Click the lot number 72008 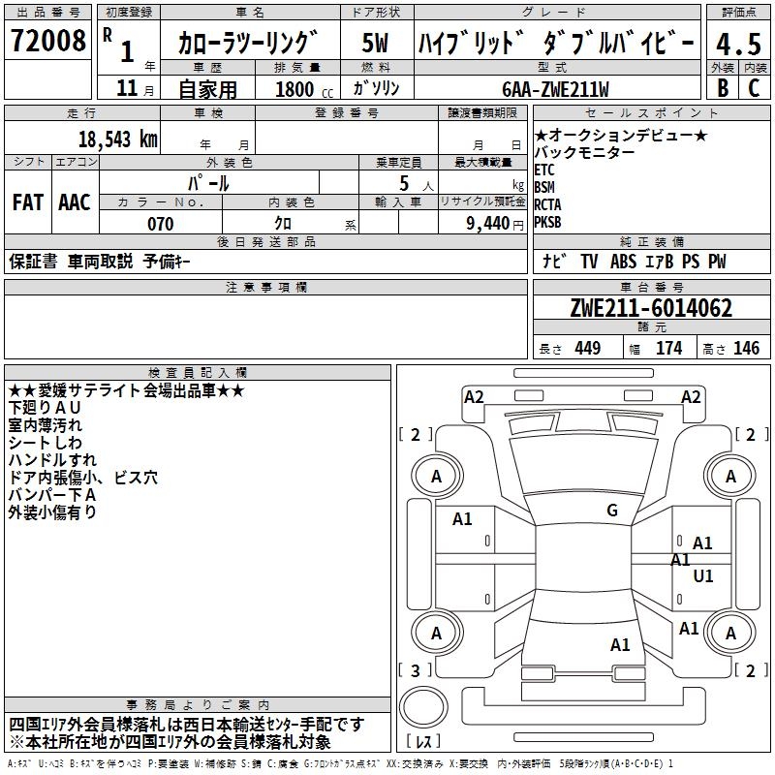coord(47,41)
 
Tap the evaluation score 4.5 coord(738,45)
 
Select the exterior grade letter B coord(723,87)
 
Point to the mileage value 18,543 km coord(116,139)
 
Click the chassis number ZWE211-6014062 coord(651,309)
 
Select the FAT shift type coord(28,201)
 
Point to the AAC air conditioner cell coord(75,201)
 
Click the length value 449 coord(586,349)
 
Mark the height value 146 coord(746,349)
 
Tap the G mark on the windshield coord(612,511)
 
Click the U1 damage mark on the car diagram coord(703,575)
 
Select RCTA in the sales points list coord(547,204)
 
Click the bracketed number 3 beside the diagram coord(416,670)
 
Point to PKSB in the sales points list coord(547,222)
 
